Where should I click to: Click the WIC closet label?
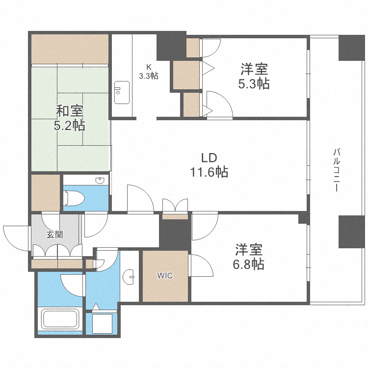click(165, 276)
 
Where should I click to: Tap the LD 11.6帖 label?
click(209, 165)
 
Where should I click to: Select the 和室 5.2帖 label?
click(69, 118)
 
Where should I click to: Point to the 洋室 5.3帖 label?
click(253, 76)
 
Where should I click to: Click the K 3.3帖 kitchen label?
click(148, 72)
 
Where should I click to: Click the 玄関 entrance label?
click(54, 235)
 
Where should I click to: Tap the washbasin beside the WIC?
click(130, 277)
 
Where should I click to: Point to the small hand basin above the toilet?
click(101, 181)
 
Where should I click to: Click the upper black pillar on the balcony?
click(349, 48)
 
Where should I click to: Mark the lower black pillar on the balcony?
click(349, 232)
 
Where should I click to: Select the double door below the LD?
click(175, 205)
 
